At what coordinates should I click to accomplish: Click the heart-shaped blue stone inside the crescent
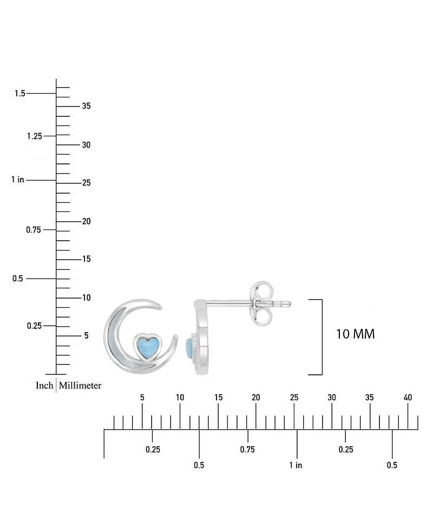pyautogui.click(x=147, y=346)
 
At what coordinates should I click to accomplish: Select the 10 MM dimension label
pyautogui.click(x=355, y=334)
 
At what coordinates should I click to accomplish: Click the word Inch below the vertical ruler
pyautogui.click(x=44, y=386)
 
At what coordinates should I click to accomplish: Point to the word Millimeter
pyautogui.click(x=80, y=386)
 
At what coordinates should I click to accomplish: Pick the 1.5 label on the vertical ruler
pyautogui.click(x=20, y=94)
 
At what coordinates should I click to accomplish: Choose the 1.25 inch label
pyautogui.click(x=34, y=136)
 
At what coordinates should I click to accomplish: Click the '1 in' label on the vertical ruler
pyautogui.click(x=18, y=180)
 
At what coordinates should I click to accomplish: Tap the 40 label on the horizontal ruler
pyautogui.click(x=408, y=398)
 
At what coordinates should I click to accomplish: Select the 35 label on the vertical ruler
pyautogui.click(x=86, y=106)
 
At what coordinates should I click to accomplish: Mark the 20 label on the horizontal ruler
pyautogui.click(x=256, y=398)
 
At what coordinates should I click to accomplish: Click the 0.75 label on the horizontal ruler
pyautogui.click(x=247, y=449)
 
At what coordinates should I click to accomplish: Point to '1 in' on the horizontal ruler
pyautogui.click(x=296, y=465)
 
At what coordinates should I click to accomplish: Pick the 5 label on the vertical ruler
pyautogui.click(x=86, y=336)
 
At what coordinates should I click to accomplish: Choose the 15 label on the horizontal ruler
pyautogui.click(x=218, y=398)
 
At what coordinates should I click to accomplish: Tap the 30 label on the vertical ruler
pyautogui.click(x=86, y=145)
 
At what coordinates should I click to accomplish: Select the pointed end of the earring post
pyautogui.click(x=292, y=303)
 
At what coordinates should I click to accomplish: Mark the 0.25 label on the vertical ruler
pyautogui.click(x=34, y=326)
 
